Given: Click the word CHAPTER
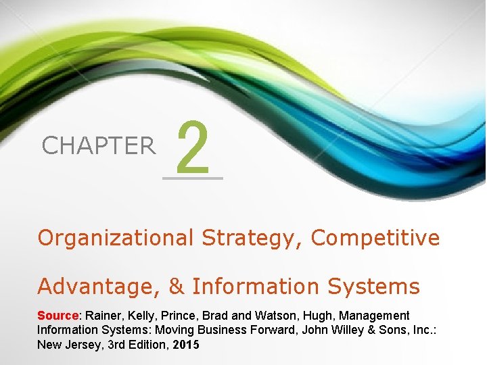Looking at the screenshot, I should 98,145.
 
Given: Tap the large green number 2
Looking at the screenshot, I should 193,145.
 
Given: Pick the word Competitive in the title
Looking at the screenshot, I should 375,238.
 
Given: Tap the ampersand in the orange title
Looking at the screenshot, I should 176,287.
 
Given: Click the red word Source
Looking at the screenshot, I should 58,316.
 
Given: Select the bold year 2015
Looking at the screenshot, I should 187,343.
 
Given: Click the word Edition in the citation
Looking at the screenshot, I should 148,343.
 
